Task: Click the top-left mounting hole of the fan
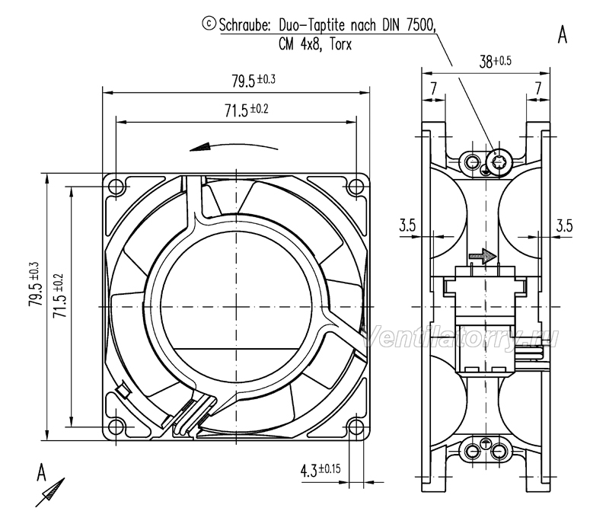[116, 187]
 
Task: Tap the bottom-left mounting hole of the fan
[116, 427]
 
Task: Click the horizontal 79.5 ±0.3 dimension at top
[253, 81]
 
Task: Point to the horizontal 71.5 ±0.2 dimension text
[247, 110]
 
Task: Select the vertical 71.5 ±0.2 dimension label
[59, 296]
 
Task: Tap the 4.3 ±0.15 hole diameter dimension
[320, 470]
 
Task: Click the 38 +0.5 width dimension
[496, 62]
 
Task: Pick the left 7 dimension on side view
[433, 88]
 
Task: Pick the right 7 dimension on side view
[538, 88]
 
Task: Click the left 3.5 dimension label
[407, 225]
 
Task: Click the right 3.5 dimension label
[564, 225]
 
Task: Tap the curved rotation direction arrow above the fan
[234, 146]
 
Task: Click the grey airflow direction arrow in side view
[483, 256]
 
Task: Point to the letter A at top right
[563, 35]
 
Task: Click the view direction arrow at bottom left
[50, 492]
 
